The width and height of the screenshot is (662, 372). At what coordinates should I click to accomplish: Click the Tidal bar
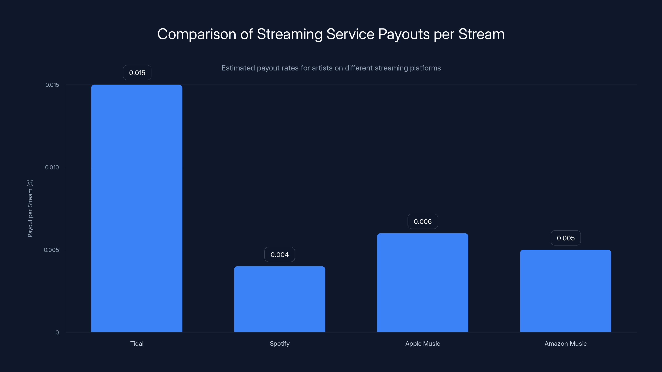point(137,208)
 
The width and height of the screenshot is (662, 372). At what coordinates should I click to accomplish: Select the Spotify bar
point(280,299)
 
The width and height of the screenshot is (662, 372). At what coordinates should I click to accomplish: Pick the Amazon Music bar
point(565,291)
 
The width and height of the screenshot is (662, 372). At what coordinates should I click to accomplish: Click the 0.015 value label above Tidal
point(137,73)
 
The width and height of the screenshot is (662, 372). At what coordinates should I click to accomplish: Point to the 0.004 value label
point(280,254)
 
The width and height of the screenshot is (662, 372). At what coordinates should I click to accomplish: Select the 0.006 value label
point(422,221)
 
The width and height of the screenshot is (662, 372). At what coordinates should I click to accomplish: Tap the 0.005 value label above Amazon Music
point(566,238)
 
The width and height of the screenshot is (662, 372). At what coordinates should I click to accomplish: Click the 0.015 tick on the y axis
point(52,85)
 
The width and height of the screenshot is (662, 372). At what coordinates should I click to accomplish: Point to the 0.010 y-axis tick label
point(52,167)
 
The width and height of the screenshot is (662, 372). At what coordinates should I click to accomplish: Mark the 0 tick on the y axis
point(57,333)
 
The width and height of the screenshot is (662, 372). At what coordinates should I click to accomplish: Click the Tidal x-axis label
point(137,343)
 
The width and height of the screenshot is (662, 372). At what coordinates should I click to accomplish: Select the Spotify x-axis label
point(280,343)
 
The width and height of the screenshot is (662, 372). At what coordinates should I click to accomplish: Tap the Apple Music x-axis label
point(422,343)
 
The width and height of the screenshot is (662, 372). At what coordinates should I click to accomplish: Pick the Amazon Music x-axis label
point(565,343)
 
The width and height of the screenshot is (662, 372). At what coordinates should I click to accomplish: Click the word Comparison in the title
point(197,34)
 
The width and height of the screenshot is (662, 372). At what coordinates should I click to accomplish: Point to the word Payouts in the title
point(404,34)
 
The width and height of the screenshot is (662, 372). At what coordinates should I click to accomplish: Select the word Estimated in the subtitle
point(238,68)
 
